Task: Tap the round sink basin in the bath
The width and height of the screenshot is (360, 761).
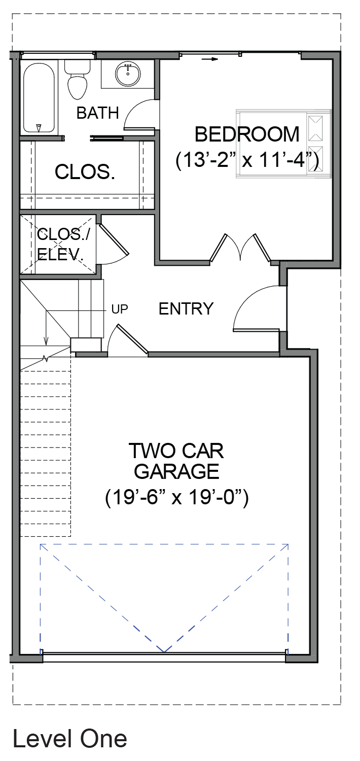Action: coord(128,74)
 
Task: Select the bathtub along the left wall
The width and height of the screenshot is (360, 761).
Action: coord(39,98)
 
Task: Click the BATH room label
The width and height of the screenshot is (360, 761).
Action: coord(98,113)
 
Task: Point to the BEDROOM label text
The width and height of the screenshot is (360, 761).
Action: coord(247,134)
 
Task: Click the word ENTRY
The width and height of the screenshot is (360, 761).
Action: coord(186,309)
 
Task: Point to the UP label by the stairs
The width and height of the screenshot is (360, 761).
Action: coord(120,309)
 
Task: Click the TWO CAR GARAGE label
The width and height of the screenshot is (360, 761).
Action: coord(176,461)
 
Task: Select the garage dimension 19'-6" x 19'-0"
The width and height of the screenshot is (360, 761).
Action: coord(176,498)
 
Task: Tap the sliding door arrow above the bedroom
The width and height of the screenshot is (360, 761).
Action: coord(209,59)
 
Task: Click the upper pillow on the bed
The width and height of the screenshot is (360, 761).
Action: coord(315,128)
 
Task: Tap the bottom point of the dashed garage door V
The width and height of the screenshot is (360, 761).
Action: coord(164,652)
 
